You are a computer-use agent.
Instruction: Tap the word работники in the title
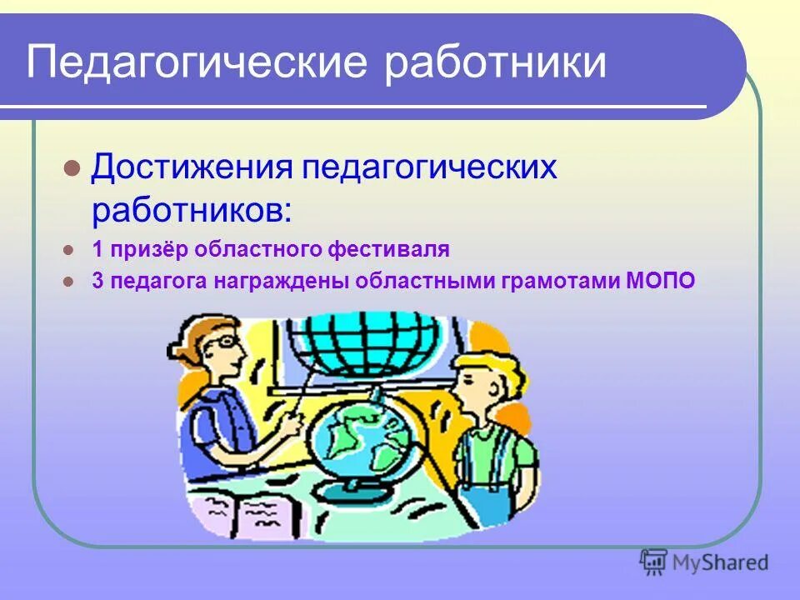(495, 62)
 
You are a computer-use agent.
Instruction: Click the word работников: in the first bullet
(191, 209)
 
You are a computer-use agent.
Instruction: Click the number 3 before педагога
(97, 280)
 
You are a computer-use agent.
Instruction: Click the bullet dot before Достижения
(72, 167)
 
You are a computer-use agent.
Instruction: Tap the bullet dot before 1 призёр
(71, 248)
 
